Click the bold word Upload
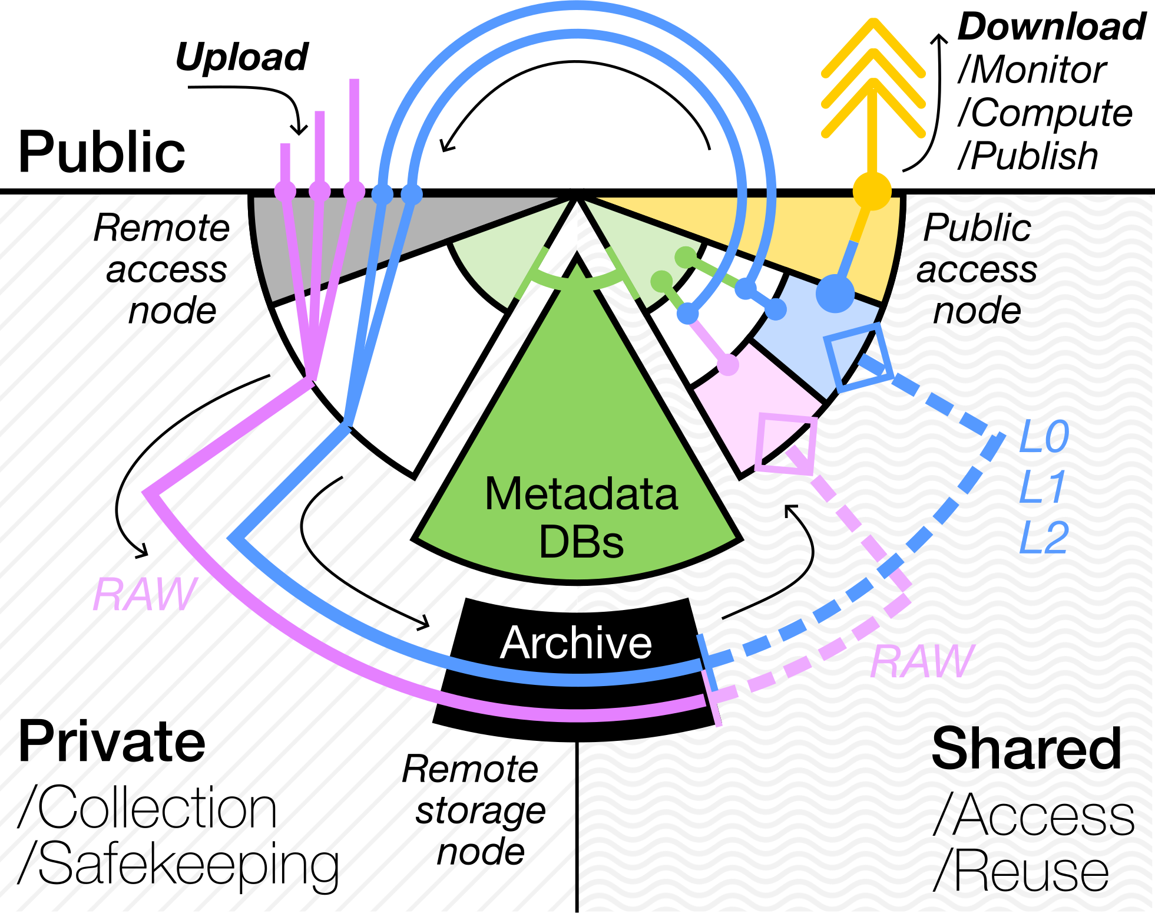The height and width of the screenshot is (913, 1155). pyautogui.click(x=241, y=57)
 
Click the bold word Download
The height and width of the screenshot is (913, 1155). pyautogui.click(x=1051, y=27)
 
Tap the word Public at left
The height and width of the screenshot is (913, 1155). pyautogui.click(x=101, y=152)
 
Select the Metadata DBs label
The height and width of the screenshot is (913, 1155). pyautogui.click(x=581, y=517)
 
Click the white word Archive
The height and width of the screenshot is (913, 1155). pyautogui.click(x=576, y=642)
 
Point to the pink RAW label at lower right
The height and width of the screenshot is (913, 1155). pyautogui.click(x=922, y=661)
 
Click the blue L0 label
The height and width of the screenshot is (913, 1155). pyautogui.click(x=1044, y=437)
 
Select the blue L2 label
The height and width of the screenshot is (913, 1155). pyautogui.click(x=1044, y=538)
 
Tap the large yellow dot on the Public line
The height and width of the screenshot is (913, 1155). pyautogui.click(x=872, y=192)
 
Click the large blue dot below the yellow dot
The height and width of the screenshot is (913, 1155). pyautogui.click(x=835, y=293)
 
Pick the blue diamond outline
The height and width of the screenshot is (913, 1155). pyautogui.click(x=859, y=357)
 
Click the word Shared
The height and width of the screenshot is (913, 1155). pyautogui.click(x=1026, y=749)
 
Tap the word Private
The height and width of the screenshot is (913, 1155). pyautogui.click(x=112, y=741)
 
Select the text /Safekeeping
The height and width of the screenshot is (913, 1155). pyautogui.click(x=178, y=864)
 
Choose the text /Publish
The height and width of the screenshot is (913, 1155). pyautogui.click(x=1028, y=156)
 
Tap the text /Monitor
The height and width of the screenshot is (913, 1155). pyautogui.click(x=1032, y=70)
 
